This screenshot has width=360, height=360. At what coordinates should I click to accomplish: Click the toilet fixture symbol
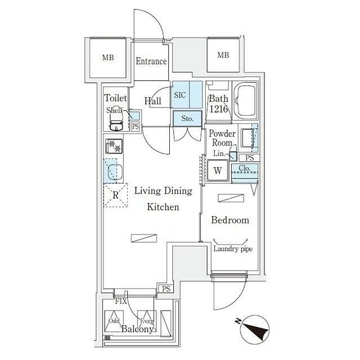pos(116,121)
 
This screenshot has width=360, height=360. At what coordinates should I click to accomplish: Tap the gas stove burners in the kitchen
pos(114,146)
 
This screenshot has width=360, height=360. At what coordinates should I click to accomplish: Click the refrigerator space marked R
pos(115,195)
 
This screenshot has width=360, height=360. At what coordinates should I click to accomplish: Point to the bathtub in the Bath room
pos(245,101)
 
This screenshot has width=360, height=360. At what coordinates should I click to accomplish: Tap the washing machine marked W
pos(218,170)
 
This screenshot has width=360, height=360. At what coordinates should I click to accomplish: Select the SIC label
pos(180,95)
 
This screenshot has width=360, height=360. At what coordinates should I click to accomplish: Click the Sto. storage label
pos(187,119)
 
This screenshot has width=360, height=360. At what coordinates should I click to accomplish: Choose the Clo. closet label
pos(244,168)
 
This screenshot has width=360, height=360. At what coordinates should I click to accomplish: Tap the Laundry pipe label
pos(233,249)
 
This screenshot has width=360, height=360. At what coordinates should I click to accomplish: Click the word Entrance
pos(151,61)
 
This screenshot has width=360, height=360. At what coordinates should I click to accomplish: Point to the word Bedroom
pos(230,220)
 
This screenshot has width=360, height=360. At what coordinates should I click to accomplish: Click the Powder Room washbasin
pos(246,138)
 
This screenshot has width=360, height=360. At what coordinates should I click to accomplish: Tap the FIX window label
pos(121,301)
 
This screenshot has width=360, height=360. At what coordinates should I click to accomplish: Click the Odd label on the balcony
pos(114,321)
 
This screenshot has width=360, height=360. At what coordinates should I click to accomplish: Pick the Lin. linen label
pos(219,153)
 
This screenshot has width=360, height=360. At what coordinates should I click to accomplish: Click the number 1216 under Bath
pos(219,109)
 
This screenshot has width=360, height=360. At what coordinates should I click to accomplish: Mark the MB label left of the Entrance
pos(108,57)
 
